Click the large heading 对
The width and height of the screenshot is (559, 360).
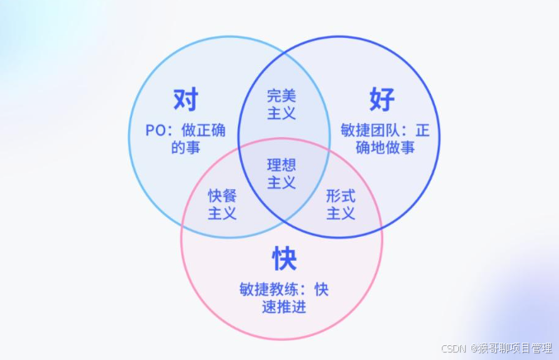186,100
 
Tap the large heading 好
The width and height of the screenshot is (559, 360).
381,100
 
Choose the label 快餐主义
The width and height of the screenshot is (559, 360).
222,204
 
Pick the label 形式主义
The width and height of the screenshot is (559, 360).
340,204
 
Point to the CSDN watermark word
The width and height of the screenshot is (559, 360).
455,348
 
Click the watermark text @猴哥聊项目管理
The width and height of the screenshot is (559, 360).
512,348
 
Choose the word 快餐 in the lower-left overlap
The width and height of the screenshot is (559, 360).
222,196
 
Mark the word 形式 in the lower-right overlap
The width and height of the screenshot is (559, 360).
340,196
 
